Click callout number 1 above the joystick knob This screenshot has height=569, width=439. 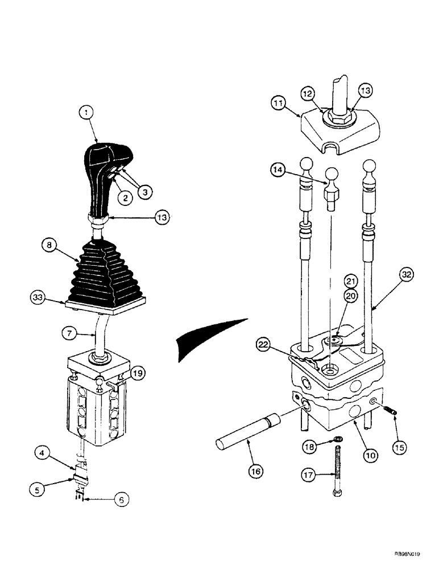86,113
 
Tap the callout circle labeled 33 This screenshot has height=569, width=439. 39,296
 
